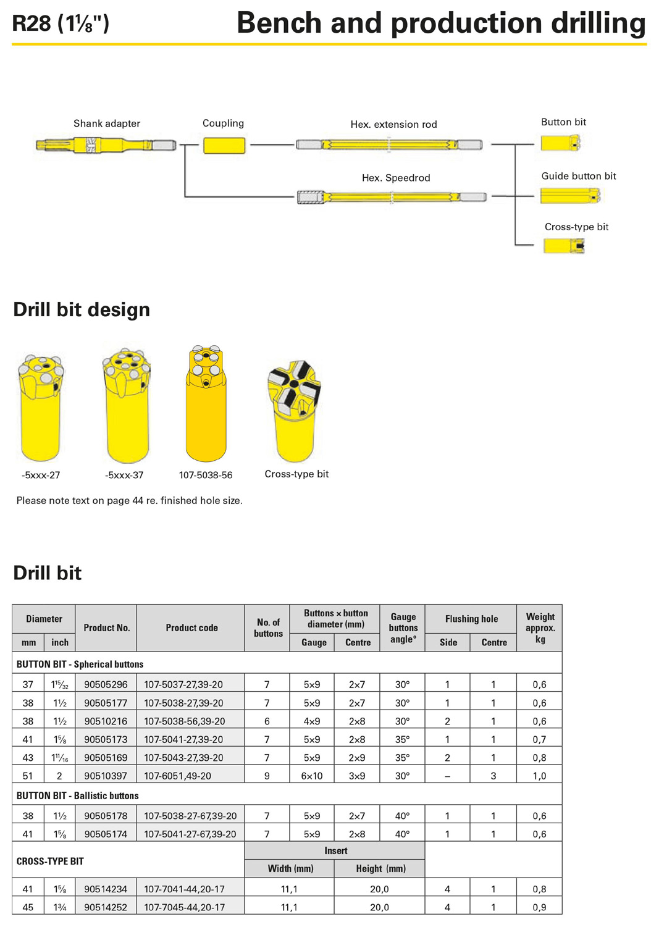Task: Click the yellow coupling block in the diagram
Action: tap(224, 146)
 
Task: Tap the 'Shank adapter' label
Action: tap(107, 124)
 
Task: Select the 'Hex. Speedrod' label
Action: tap(396, 178)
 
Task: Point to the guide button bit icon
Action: tap(570, 196)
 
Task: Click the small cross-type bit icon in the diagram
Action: tap(564, 246)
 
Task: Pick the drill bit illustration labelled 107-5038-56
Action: tap(206, 403)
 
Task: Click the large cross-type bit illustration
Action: tap(294, 411)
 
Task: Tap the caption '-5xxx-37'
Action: tap(124, 475)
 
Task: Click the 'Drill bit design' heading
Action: tap(82, 309)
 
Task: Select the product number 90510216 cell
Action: tap(106, 721)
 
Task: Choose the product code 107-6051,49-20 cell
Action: tap(190, 776)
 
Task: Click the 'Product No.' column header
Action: tap(107, 628)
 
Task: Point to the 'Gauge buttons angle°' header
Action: tap(403, 628)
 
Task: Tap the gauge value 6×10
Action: tap(312, 776)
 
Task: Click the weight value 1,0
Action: tap(539, 776)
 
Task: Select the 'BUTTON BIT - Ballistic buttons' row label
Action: tap(77, 795)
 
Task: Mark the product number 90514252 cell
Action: tap(106, 907)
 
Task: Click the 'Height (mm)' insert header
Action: tap(380, 868)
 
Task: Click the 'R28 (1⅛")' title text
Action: tap(61, 23)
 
